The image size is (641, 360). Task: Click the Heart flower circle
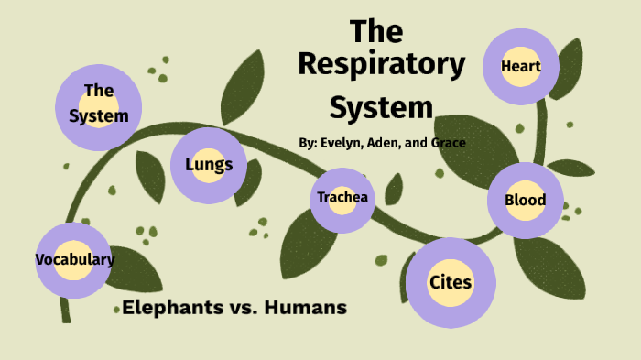[521, 66]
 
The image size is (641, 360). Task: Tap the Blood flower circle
[525, 200]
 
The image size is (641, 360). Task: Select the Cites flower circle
[451, 282]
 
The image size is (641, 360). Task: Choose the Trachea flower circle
[342, 198]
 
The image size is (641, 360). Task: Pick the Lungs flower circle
[209, 165]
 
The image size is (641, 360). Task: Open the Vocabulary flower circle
[74, 259]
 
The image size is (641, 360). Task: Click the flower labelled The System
[98, 104]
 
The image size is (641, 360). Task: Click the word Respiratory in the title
[381, 66]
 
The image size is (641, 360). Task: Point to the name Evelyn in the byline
[342, 143]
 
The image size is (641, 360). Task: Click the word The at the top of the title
[376, 30]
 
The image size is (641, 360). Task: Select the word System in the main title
[381, 107]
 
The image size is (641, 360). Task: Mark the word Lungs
[209, 165]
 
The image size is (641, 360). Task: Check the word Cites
[451, 282]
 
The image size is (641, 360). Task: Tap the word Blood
[525, 200]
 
